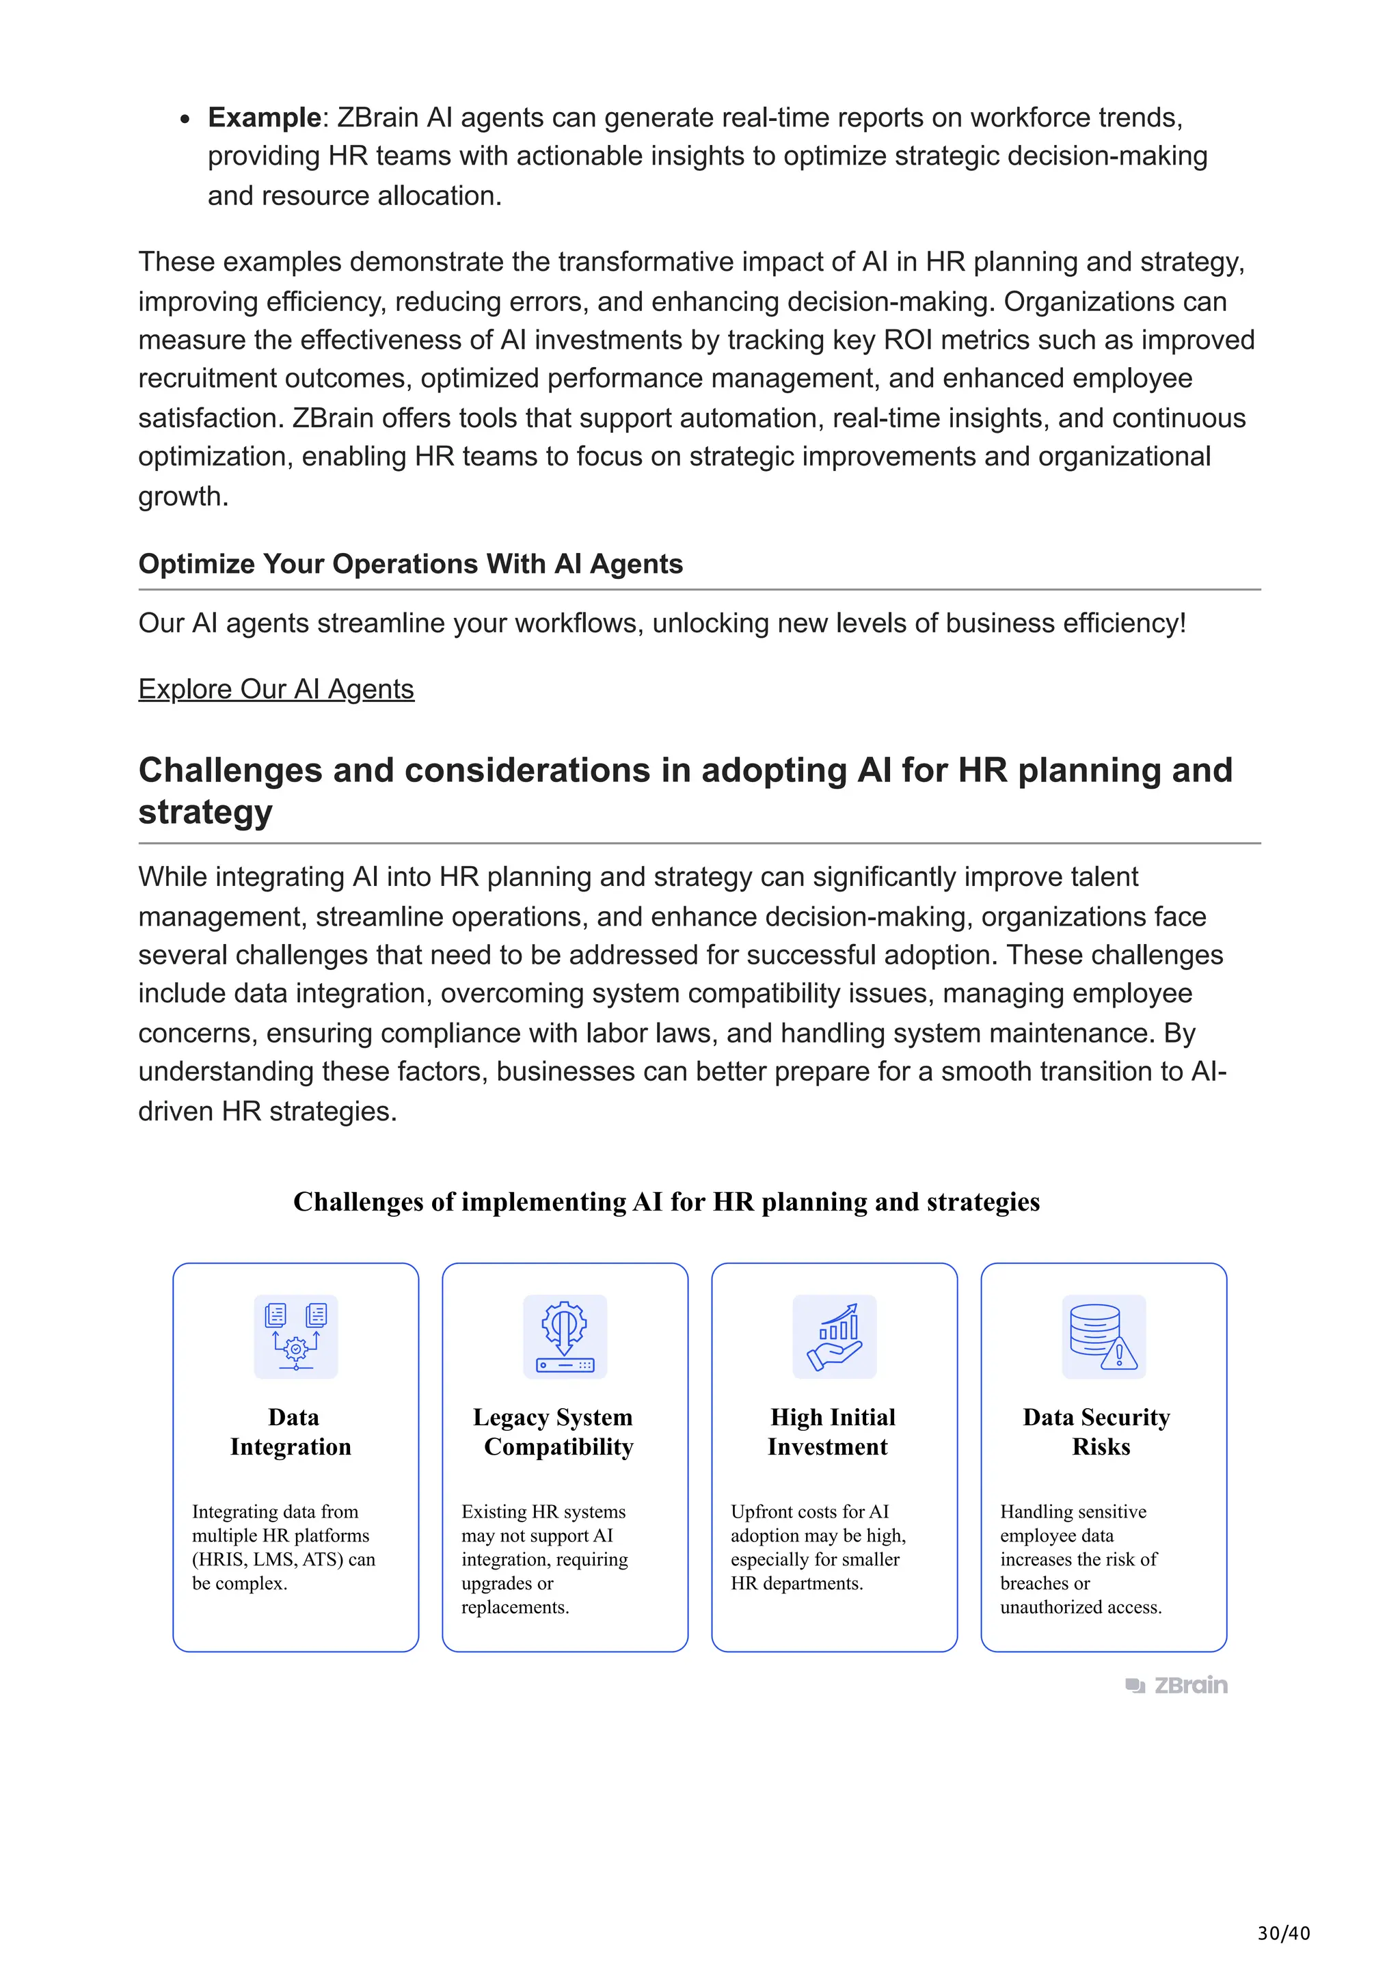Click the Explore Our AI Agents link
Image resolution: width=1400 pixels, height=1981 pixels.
[x=276, y=689]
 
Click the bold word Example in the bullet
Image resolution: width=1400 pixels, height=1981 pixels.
[x=264, y=118]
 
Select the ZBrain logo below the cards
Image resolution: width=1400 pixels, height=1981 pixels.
[x=1176, y=1684]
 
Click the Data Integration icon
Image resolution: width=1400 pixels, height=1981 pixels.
[x=296, y=1336]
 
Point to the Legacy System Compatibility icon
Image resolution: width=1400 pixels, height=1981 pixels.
[x=565, y=1336]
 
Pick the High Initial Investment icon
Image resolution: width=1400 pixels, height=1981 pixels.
[x=834, y=1336]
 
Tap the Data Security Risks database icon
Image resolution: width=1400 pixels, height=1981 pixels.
[x=1103, y=1336]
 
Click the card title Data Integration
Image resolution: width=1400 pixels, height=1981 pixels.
[x=292, y=1431]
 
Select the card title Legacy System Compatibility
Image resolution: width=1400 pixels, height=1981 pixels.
[x=554, y=1431]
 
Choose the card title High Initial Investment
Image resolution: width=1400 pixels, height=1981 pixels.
[x=831, y=1431]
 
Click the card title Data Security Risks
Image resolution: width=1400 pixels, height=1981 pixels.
[x=1097, y=1431]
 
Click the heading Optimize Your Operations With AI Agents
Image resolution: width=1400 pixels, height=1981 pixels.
[x=411, y=564]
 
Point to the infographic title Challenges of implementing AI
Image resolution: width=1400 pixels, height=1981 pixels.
[x=666, y=1202]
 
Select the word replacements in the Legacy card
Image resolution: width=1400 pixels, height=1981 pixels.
[x=514, y=1606]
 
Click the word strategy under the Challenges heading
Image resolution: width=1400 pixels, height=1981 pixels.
[x=205, y=812]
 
